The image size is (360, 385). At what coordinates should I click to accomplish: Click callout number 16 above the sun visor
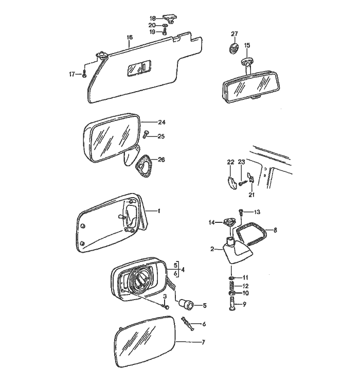click(x=129, y=38)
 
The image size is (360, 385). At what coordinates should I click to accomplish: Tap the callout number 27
click(x=235, y=34)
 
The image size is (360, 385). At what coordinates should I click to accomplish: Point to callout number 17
click(x=73, y=74)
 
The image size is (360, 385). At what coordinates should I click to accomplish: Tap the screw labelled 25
click(x=146, y=135)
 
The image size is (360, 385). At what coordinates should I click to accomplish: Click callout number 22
click(x=230, y=163)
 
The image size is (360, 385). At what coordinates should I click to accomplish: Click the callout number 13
click(x=257, y=212)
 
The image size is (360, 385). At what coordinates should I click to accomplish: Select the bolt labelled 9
click(x=232, y=305)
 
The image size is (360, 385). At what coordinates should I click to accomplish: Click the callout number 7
click(x=203, y=342)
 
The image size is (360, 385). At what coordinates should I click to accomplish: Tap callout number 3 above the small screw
click(x=165, y=297)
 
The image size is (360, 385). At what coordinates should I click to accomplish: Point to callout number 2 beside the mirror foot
click(x=212, y=249)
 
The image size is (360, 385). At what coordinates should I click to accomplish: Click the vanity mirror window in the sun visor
click(x=139, y=67)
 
